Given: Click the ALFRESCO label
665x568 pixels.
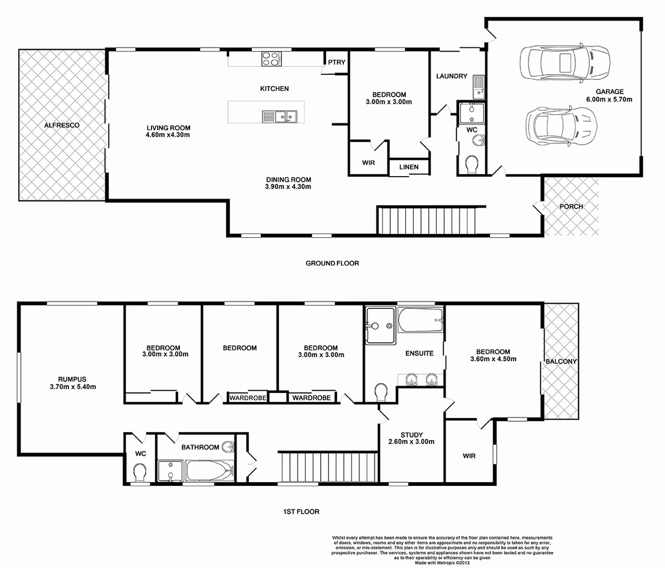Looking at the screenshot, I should pos(62,125).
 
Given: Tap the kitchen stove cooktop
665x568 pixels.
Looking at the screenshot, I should pos(270,58).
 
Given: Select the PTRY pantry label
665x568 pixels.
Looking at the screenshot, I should pos(336,62).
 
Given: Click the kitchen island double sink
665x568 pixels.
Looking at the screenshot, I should pos(280,115).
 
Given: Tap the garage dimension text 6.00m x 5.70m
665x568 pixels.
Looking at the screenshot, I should pos(609,99).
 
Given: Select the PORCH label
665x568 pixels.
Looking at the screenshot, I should pos(571,206).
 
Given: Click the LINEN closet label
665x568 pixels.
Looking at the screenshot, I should pos(408,167).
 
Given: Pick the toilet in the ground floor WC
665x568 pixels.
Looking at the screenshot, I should pos(472,164).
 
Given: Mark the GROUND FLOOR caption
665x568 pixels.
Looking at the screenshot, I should pos(332,263).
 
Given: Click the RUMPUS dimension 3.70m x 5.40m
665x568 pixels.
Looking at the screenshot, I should pos(73,387).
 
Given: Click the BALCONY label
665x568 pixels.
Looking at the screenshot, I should pos(561,361).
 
